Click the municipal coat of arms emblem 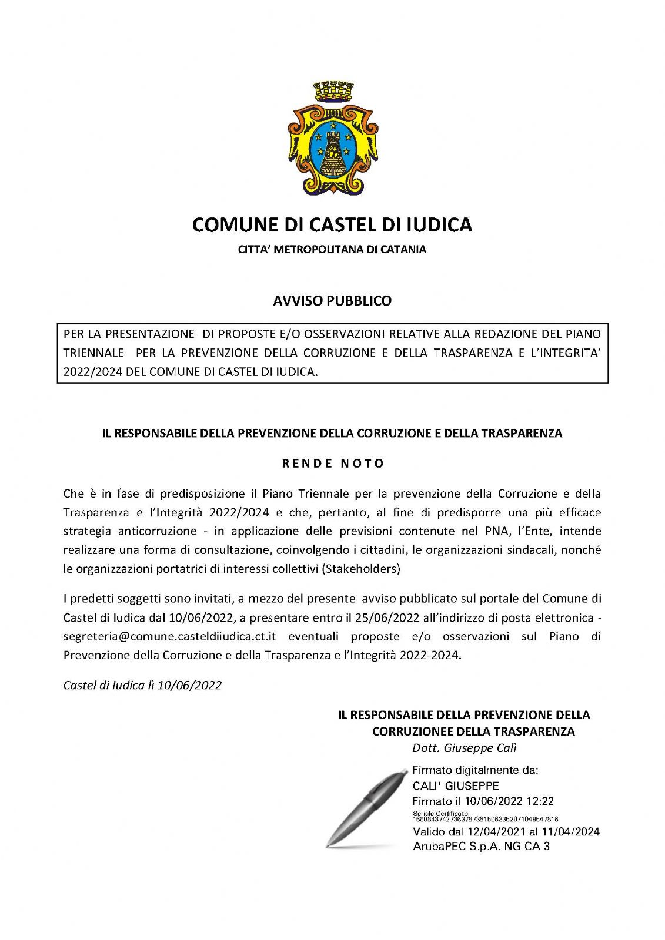[332, 144]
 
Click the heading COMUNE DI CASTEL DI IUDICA [332, 224]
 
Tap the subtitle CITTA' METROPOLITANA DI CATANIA [332, 249]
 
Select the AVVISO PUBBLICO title [332, 301]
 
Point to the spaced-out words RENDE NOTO [333, 464]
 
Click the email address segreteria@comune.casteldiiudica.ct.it [170, 637]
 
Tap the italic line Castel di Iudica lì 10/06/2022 [142, 685]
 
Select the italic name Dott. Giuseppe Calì [464, 748]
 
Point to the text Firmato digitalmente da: [475, 770]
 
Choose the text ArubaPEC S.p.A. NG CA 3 [481, 847]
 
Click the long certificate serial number [485, 819]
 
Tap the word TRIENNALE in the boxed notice [93, 353]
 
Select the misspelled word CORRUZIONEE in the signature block [412, 731]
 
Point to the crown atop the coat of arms [333, 92]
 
